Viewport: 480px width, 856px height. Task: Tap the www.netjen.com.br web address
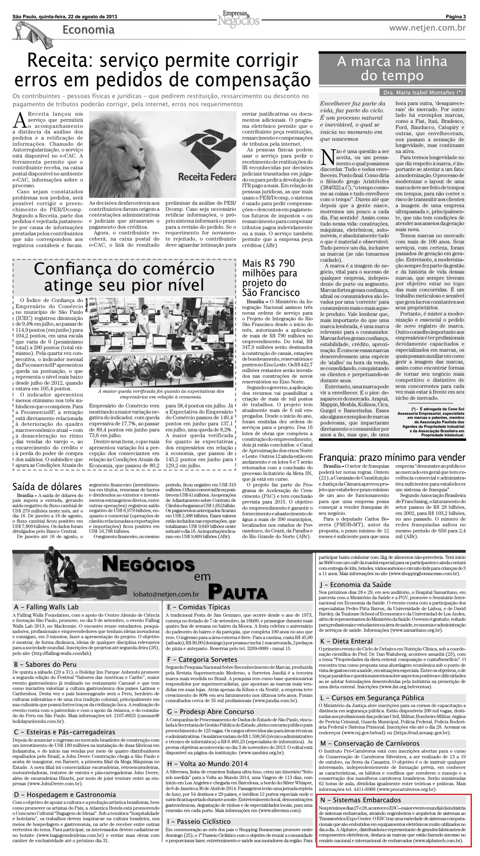(x=427, y=28)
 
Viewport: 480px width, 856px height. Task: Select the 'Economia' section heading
(x=88, y=30)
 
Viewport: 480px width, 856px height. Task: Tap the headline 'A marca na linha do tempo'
(x=392, y=68)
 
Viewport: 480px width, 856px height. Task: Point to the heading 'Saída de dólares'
(x=47, y=487)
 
